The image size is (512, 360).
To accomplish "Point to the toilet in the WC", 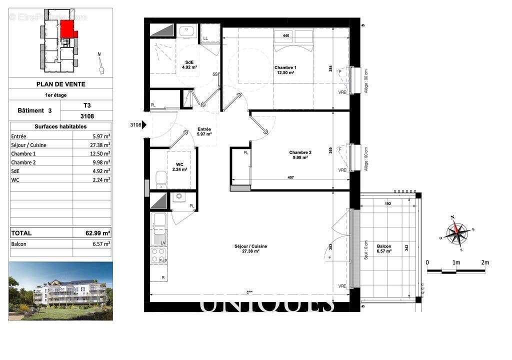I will pos(160,177).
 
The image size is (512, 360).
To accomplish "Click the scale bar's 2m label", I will pos(484,262).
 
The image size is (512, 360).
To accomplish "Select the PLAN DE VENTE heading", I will pos(60,84).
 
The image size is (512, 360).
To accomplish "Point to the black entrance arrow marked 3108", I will pos(144,125).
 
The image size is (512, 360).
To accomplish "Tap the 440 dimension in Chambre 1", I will pos(286,35).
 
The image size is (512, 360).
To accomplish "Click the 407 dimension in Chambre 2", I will pos(290,177).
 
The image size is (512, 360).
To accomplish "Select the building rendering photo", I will pos(60,290).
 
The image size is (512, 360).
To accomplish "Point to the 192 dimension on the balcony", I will pos(387,204).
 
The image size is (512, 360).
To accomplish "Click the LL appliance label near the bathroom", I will pos(205,38).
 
